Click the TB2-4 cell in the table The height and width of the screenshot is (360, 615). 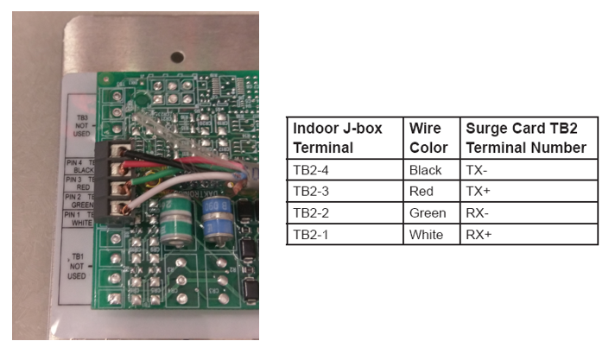310,170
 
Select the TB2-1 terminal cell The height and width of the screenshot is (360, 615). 310,234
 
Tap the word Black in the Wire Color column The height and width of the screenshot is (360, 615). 426,170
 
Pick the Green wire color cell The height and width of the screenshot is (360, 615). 428,212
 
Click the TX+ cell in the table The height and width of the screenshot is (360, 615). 478,191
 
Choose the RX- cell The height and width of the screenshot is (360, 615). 479,212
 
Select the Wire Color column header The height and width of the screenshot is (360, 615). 428,137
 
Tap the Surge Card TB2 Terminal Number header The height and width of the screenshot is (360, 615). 526,137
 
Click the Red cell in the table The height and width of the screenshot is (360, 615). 422,191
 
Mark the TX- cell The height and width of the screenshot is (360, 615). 477,170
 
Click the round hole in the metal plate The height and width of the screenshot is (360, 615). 176,57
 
